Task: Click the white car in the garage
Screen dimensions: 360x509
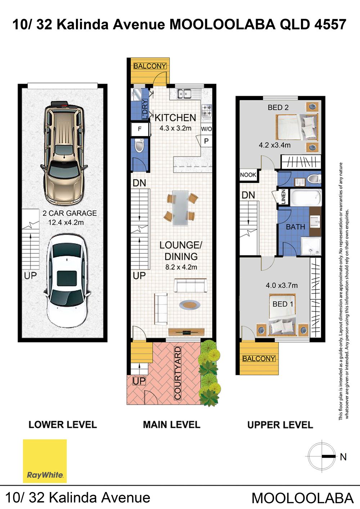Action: (67, 281)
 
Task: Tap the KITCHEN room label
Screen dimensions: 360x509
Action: (175, 118)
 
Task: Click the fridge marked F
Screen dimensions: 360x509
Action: (140, 129)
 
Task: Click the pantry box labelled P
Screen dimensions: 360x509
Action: (206, 141)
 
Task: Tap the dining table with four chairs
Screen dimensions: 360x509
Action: (181, 208)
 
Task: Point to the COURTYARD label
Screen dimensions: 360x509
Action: (177, 373)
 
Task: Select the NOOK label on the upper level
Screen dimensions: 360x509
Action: (248, 175)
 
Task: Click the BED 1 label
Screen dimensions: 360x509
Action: (283, 304)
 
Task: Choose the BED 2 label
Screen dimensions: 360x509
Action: (278, 107)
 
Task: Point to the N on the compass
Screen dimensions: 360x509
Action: (343, 457)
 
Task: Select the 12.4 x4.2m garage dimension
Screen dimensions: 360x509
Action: (66, 222)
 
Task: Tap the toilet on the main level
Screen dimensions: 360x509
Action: (139, 146)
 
